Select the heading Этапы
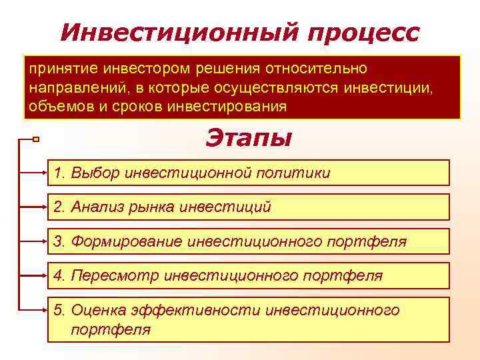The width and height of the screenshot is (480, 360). point(248,139)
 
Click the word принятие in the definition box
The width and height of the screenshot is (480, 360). point(57,69)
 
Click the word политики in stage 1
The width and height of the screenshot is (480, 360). point(298,173)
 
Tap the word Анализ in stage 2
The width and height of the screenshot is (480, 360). point(97,207)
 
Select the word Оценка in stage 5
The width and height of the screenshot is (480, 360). point(93,309)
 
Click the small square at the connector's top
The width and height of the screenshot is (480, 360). point(36,139)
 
